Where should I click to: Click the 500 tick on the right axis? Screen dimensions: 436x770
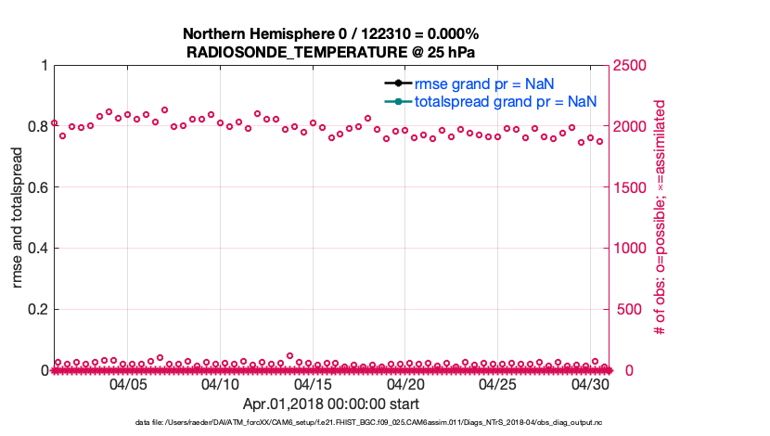(x=626, y=310)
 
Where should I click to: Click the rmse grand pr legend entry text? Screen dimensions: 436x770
(x=484, y=83)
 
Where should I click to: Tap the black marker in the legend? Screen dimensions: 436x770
(x=396, y=83)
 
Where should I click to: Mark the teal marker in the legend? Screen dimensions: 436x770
(x=396, y=101)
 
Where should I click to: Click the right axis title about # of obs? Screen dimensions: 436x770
(x=661, y=217)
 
